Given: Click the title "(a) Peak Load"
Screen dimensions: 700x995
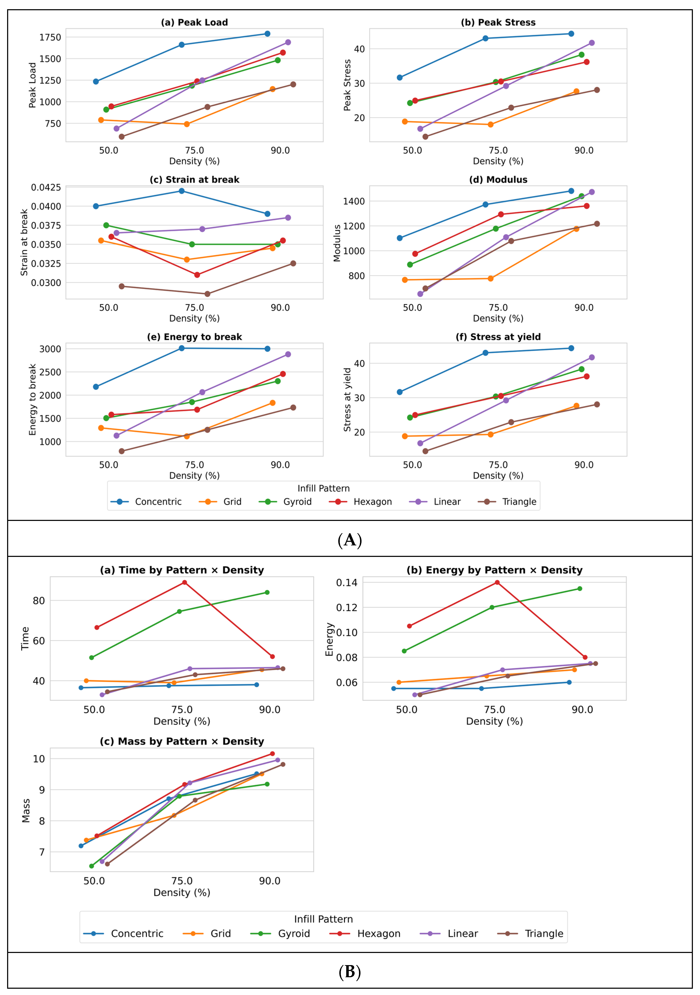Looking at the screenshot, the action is [x=194, y=23].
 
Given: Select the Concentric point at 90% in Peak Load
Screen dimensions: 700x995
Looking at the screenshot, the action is [x=268, y=34].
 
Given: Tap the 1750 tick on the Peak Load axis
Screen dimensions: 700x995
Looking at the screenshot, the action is [x=50, y=37].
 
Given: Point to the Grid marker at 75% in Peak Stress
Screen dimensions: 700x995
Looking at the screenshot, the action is [x=490, y=124].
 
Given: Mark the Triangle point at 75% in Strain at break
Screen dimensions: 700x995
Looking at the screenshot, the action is [x=207, y=294].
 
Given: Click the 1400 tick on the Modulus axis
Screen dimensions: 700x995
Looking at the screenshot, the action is [x=354, y=201].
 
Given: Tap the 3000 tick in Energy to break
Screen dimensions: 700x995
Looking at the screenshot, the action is [x=50, y=349].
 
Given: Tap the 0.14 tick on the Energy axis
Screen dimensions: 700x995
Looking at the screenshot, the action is [x=347, y=582].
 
